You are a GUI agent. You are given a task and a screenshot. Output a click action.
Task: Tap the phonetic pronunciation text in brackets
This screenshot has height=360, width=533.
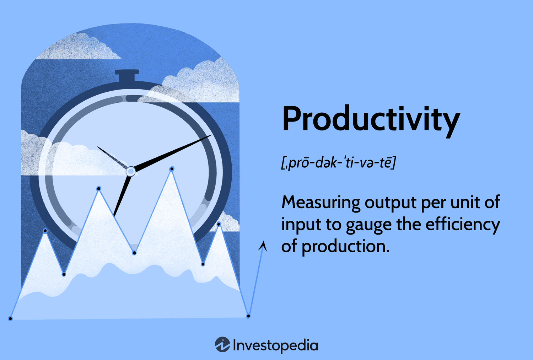[338, 163]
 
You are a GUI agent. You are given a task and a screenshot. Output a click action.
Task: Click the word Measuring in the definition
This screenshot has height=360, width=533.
[321, 203]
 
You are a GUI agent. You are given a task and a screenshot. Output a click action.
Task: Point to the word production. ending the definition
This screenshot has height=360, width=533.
[345, 246]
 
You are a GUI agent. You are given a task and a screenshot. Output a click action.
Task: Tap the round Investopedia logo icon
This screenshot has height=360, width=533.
[222, 345]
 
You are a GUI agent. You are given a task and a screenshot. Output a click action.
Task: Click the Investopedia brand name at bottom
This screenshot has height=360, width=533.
[275, 345]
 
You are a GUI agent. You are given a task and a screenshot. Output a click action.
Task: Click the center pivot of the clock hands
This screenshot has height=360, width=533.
[131, 172]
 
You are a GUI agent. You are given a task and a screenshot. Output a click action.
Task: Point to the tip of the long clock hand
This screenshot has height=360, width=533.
[211, 135]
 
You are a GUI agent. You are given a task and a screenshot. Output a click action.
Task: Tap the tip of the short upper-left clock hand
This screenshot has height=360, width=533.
[98, 147]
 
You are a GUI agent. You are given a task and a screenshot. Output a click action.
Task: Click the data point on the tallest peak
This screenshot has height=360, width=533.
[172, 169]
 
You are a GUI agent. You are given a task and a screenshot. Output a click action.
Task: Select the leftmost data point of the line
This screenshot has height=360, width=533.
[10, 318]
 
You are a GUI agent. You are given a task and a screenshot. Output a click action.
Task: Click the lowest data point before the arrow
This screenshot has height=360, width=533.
[248, 316]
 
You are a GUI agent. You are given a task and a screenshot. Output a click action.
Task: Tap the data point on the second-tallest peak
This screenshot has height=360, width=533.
[99, 188]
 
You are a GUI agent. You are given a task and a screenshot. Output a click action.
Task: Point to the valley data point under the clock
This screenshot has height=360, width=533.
[134, 253]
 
